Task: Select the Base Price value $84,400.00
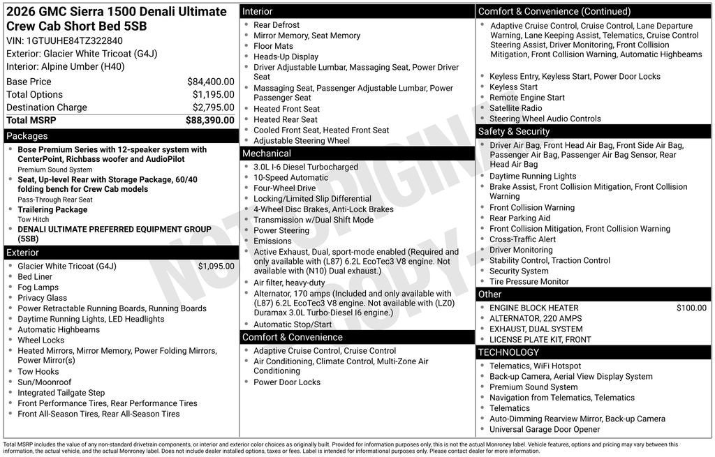coord(210,82)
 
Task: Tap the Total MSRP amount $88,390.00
coord(209,121)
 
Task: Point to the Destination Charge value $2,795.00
coord(213,107)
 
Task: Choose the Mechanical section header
coord(266,153)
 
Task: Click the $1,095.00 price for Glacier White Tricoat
coord(216,267)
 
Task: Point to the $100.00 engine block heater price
coord(691,308)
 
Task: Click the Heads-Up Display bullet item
coord(286,57)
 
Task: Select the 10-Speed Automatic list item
coord(290,177)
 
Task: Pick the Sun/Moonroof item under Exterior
coord(44,382)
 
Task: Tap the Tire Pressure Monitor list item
coord(529,282)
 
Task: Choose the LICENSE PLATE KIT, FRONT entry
coord(540,340)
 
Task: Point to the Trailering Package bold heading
coord(52,209)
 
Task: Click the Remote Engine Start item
coord(526,98)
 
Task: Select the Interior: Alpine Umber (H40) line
coord(66,66)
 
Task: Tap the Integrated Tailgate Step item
coord(61,393)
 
